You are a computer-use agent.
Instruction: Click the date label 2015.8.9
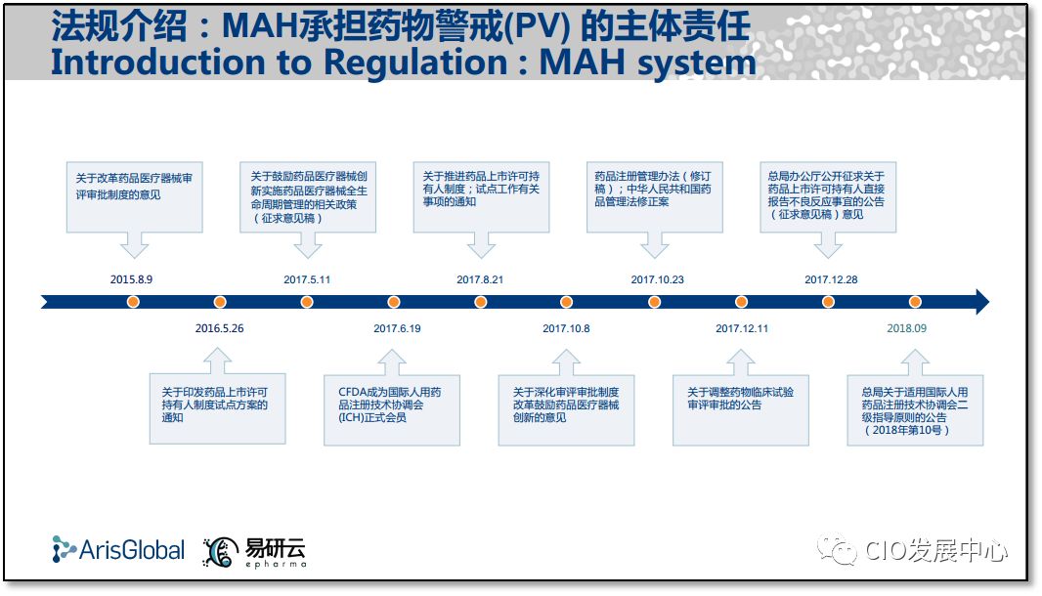132,279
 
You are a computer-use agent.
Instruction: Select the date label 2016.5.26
219,328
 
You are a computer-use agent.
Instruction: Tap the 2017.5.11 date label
307,279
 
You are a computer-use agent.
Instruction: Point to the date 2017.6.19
397,328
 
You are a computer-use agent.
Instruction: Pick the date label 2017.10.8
566,328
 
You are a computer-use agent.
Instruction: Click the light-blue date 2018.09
906,328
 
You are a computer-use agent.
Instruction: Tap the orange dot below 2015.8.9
133,302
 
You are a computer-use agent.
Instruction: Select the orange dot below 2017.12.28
828,302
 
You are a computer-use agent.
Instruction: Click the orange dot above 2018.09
915,302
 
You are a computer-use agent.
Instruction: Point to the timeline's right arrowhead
980,302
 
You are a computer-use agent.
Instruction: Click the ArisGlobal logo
118,550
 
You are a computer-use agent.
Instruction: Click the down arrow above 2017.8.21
481,245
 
